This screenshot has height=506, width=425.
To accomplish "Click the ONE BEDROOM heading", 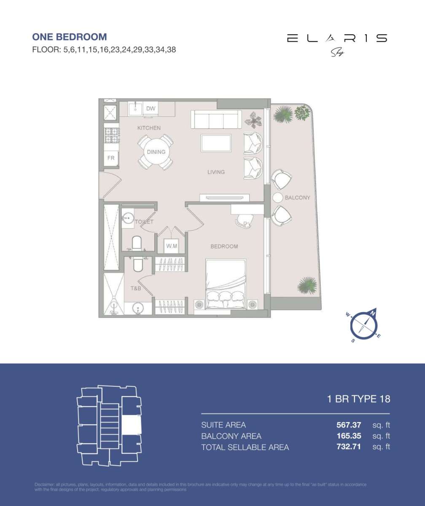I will pos(70,37).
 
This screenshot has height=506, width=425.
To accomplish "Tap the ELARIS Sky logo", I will pos(336,43).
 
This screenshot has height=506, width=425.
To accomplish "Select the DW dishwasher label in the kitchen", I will pos(151,109).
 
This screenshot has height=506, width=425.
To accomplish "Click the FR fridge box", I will pos(111,158).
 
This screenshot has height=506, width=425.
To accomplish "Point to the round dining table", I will pos(156,152).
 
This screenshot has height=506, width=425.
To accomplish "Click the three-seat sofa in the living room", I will pos(216,119).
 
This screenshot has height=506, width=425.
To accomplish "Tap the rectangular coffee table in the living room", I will pos(216,143).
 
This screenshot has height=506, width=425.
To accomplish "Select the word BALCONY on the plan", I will pos(297,197).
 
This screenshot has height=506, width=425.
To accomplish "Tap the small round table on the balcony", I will pos(277,197).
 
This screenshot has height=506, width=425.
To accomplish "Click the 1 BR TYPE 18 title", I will pos(359,399).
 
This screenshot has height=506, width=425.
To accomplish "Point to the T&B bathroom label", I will pos(135,288).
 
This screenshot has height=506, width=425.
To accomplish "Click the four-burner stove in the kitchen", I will pos(112,135).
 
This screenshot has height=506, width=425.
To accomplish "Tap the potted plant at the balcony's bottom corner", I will pos(307,285).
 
